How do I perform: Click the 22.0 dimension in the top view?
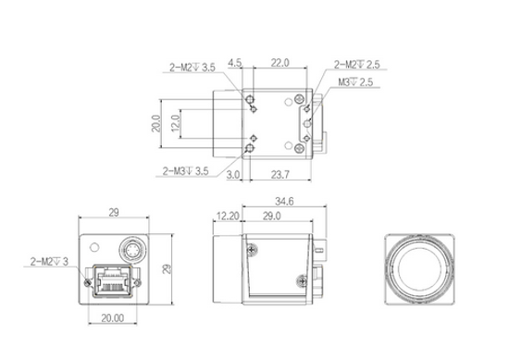280,64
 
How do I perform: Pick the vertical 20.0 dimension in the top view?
157,123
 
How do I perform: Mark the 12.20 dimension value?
227,215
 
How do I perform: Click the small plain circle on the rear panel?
93,247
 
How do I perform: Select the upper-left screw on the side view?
250,246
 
